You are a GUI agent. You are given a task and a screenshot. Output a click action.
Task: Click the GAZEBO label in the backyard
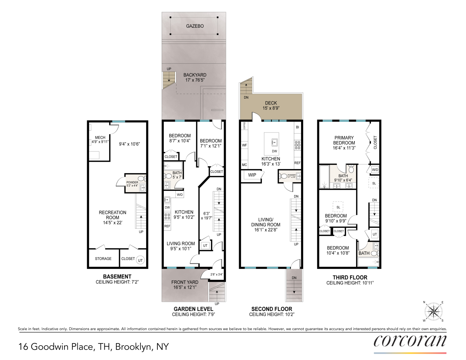click(x=195, y=26)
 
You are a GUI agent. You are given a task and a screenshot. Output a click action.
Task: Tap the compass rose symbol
click(x=433, y=311)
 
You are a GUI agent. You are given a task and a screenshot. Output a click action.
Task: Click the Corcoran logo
click(x=410, y=341)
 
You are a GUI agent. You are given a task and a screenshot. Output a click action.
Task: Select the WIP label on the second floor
click(x=252, y=175)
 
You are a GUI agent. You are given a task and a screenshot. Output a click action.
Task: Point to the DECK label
click(x=271, y=103)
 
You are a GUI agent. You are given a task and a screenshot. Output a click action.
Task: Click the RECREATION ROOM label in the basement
click(x=112, y=215)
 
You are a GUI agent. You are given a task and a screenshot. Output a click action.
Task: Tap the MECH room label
click(x=100, y=138)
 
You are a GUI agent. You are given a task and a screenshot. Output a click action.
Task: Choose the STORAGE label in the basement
click(x=103, y=258)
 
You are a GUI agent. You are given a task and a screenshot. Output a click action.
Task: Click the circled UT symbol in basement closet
click(x=140, y=260)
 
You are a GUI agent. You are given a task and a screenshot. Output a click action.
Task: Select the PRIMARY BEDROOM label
click(x=344, y=140)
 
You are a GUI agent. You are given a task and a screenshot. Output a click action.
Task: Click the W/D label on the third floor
click(x=375, y=170)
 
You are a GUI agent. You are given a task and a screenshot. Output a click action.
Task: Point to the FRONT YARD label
click(x=185, y=282)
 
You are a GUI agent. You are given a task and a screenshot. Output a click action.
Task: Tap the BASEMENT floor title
click(x=117, y=276)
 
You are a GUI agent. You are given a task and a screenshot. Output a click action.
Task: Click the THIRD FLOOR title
click(x=350, y=277)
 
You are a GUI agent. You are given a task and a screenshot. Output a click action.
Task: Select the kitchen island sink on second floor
click(x=274, y=141)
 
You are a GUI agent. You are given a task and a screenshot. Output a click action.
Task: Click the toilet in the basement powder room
click(x=141, y=179)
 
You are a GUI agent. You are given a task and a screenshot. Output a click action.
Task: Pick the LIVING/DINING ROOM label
click(x=266, y=222)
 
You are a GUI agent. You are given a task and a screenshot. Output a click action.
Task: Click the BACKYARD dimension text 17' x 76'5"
click(x=195, y=80)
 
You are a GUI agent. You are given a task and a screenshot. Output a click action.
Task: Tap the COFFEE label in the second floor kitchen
click(x=244, y=126)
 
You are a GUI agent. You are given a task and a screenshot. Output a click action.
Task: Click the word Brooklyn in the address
click(x=134, y=347)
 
